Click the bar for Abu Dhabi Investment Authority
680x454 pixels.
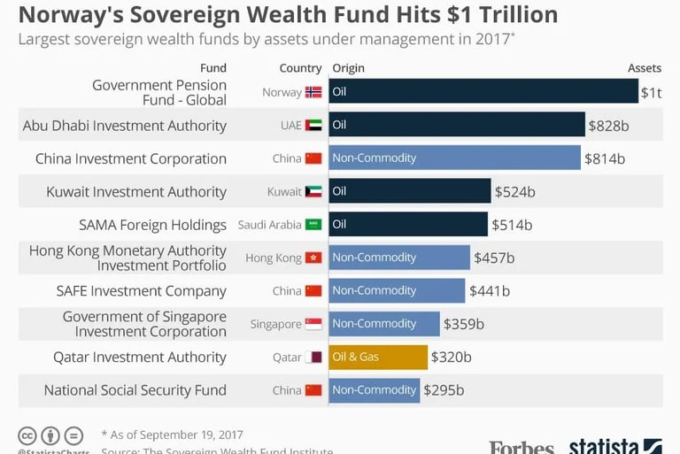click(x=457, y=125)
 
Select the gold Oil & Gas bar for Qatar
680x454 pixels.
click(x=378, y=357)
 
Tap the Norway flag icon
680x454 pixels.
click(x=313, y=92)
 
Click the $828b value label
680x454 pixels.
click(x=608, y=126)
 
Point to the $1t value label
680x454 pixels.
click(x=651, y=92)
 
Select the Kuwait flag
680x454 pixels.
click(x=313, y=192)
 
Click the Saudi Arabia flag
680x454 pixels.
click(x=313, y=225)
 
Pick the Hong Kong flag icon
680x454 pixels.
click(x=313, y=258)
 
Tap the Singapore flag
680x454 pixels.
click(x=313, y=324)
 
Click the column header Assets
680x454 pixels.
click(x=645, y=68)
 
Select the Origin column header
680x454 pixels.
click(x=348, y=68)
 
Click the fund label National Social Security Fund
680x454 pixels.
click(x=135, y=390)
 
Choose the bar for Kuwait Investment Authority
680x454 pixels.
click(x=410, y=191)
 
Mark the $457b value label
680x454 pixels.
click(x=493, y=258)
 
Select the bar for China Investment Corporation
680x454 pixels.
click(x=454, y=158)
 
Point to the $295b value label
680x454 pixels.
click(x=444, y=390)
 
